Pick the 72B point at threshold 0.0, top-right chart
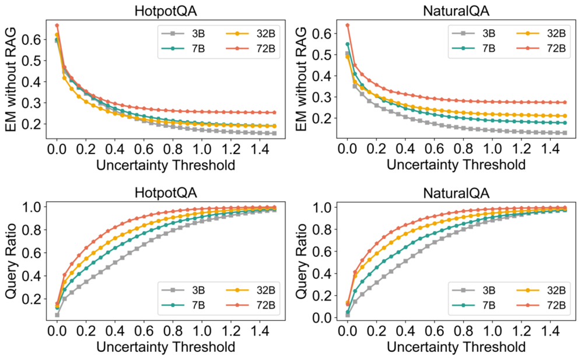tap(348, 25)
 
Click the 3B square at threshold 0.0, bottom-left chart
tap(57, 315)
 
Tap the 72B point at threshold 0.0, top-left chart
tap(57, 25)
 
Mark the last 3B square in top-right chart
tap(565, 133)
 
